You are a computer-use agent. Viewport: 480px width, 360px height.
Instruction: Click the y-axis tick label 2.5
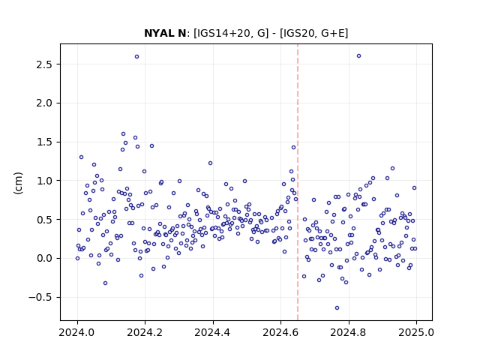click(x=45, y=64)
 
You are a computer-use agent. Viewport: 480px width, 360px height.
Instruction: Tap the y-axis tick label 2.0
click(x=45, y=103)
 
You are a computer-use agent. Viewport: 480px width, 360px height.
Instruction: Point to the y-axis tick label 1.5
click(x=45, y=142)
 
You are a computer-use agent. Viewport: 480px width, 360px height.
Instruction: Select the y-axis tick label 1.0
click(x=45, y=181)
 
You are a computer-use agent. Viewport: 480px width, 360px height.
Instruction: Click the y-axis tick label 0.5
click(x=45, y=220)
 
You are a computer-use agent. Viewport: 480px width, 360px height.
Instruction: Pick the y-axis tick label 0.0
click(x=45, y=259)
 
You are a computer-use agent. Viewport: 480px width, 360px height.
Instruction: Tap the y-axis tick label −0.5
click(x=40, y=298)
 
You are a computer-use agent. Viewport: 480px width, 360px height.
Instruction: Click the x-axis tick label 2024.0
click(x=77, y=332)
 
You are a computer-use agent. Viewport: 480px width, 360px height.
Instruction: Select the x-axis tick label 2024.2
click(x=145, y=332)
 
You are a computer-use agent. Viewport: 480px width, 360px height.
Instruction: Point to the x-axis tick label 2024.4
click(x=213, y=332)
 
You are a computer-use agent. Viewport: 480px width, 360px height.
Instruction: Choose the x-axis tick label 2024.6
click(x=280, y=332)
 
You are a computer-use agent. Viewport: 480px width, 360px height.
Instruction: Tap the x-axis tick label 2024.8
click(x=348, y=332)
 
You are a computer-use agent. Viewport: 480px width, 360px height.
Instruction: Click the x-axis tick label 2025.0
click(x=416, y=332)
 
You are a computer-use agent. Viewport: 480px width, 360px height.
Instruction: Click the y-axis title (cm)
click(x=18, y=183)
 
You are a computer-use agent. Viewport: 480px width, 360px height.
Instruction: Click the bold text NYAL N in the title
click(x=165, y=33)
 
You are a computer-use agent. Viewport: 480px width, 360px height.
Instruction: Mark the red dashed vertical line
click(x=298, y=182)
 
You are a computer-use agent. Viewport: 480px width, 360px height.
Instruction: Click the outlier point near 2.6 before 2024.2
click(x=136, y=57)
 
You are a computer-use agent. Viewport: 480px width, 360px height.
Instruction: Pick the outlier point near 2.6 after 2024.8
click(x=358, y=56)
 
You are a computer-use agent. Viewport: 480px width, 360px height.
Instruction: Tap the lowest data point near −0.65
click(x=337, y=308)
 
